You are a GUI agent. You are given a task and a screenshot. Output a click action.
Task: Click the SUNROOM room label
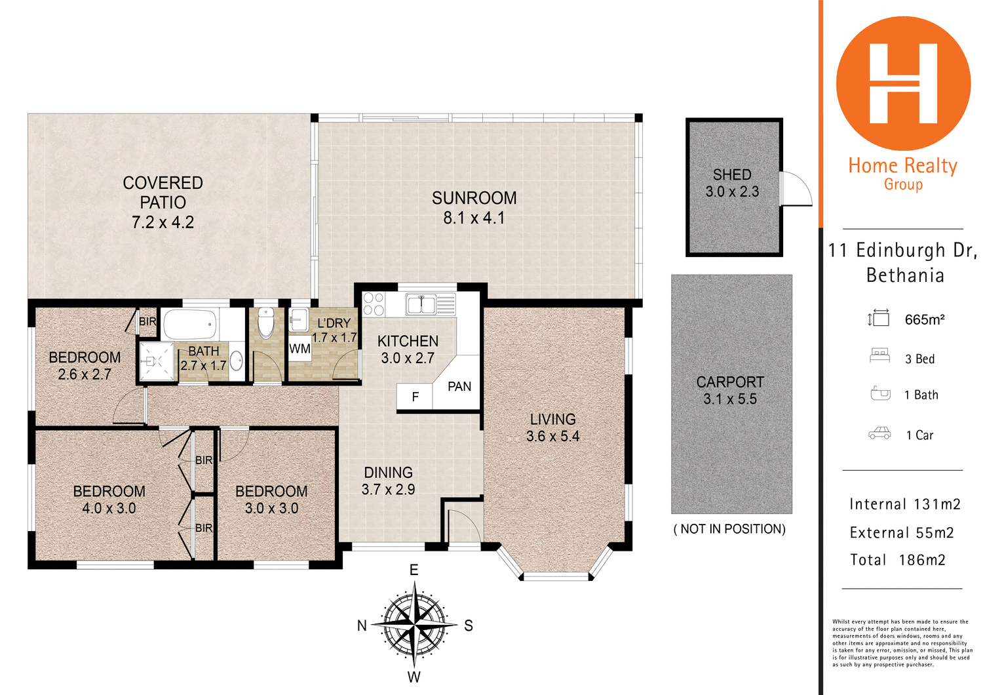coord(474,198)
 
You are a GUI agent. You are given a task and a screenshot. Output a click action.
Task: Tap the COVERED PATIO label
coord(163,192)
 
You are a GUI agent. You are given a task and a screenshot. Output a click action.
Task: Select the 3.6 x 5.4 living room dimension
coord(552,437)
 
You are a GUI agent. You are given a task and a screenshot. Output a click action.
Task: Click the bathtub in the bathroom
coord(190,325)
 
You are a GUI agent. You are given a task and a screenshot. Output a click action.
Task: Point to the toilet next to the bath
coord(265,323)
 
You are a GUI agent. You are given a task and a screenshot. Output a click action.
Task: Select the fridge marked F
coord(415,397)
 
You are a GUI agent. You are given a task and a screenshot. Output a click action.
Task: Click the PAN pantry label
coord(459,387)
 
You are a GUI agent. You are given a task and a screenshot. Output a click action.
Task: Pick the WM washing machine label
coord(299,349)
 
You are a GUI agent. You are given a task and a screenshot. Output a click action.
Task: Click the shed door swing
coord(795,189)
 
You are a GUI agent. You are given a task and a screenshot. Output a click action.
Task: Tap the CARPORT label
coord(730,382)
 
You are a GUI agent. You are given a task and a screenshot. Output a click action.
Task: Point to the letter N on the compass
coord(362,626)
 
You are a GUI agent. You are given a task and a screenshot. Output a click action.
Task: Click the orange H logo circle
coord(903,83)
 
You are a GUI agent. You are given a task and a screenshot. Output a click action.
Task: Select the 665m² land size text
coord(924,320)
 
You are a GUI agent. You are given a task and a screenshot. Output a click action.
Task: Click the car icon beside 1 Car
coord(879,433)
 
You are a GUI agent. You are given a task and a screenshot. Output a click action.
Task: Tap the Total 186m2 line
coord(897,560)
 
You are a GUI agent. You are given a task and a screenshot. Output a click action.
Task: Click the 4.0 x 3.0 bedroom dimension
coord(109,509)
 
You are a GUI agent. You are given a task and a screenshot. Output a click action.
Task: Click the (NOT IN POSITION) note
coord(729,529)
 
